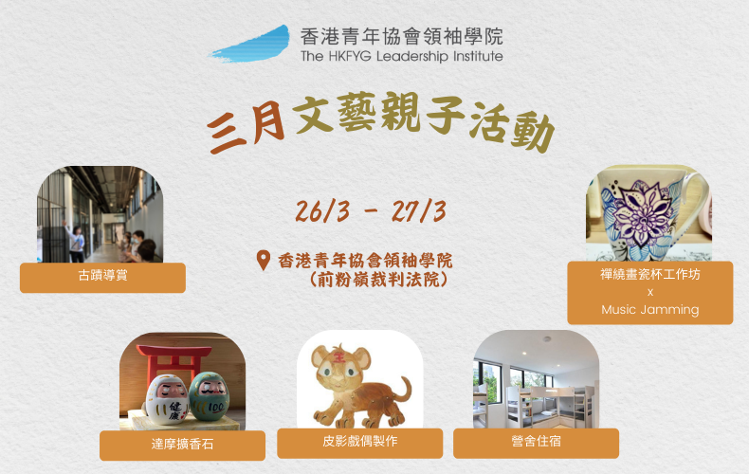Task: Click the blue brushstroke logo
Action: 252,45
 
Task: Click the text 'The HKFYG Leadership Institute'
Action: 402,56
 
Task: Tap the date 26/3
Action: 323,211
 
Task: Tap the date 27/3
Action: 419,211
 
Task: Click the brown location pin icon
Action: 264,261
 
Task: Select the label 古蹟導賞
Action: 102,276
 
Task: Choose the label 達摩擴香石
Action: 182,445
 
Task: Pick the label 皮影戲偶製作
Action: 359,441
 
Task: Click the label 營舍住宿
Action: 536,441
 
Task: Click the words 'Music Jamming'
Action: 650,310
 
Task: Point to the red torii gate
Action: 174,362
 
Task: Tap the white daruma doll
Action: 168,399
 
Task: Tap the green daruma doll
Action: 209,396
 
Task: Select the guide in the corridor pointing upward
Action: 76,243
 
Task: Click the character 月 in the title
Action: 268,124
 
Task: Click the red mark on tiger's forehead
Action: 339,356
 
